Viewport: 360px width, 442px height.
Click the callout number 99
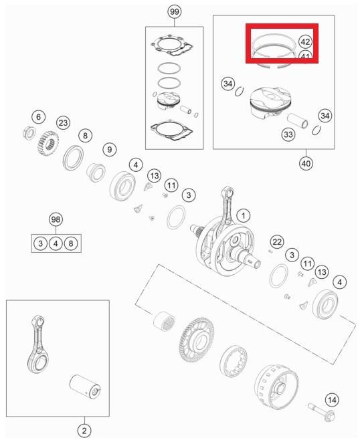tap(174, 13)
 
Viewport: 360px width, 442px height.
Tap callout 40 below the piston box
tap(306, 162)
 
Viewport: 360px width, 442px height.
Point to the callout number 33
tap(288, 135)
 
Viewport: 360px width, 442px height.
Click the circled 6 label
tap(38, 117)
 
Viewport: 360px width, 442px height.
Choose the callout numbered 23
tap(63, 122)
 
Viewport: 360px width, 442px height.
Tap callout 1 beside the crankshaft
tap(244, 215)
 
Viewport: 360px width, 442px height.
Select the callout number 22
tap(277, 241)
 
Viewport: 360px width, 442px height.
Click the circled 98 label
tap(56, 220)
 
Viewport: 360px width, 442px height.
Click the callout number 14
tap(332, 400)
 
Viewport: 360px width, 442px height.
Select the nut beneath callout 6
tap(29, 130)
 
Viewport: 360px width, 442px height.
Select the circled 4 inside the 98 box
tap(56, 243)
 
